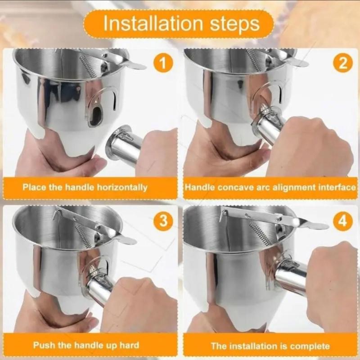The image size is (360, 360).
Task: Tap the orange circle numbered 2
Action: (342, 63)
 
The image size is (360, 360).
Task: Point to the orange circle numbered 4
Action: (342, 221)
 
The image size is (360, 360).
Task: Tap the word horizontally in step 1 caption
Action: (122, 187)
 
